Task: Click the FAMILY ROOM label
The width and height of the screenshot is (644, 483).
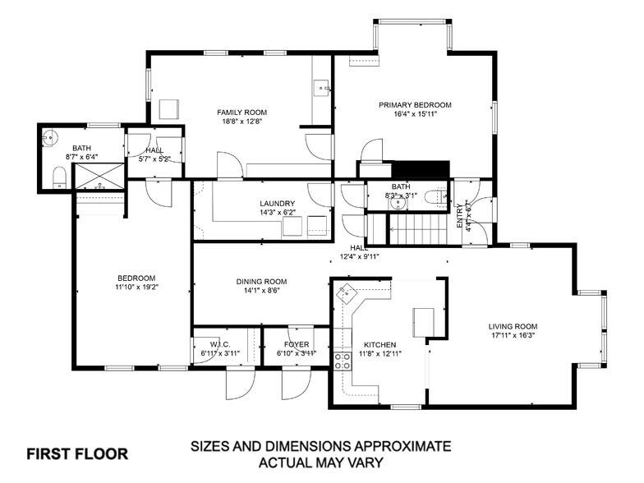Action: click(x=241, y=113)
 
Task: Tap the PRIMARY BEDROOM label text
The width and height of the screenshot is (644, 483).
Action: click(x=415, y=105)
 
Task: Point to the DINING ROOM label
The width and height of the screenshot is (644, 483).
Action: click(x=261, y=282)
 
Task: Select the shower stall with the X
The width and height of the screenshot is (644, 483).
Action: click(x=99, y=176)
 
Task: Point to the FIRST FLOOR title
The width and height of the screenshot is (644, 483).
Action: click(x=77, y=453)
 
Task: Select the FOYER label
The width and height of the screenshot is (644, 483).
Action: click(x=297, y=344)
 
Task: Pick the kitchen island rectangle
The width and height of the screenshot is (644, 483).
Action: click(x=424, y=320)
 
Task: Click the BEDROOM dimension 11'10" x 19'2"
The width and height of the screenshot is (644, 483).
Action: click(x=136, y=287)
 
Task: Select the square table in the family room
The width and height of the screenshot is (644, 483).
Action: click(x=169, y=108)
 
